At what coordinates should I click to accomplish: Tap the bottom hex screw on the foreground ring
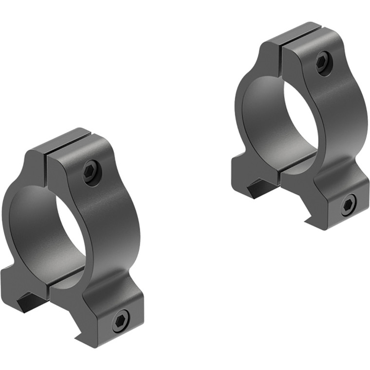119,320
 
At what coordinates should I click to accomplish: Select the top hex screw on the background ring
323,63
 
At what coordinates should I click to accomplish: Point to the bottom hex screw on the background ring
349,205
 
